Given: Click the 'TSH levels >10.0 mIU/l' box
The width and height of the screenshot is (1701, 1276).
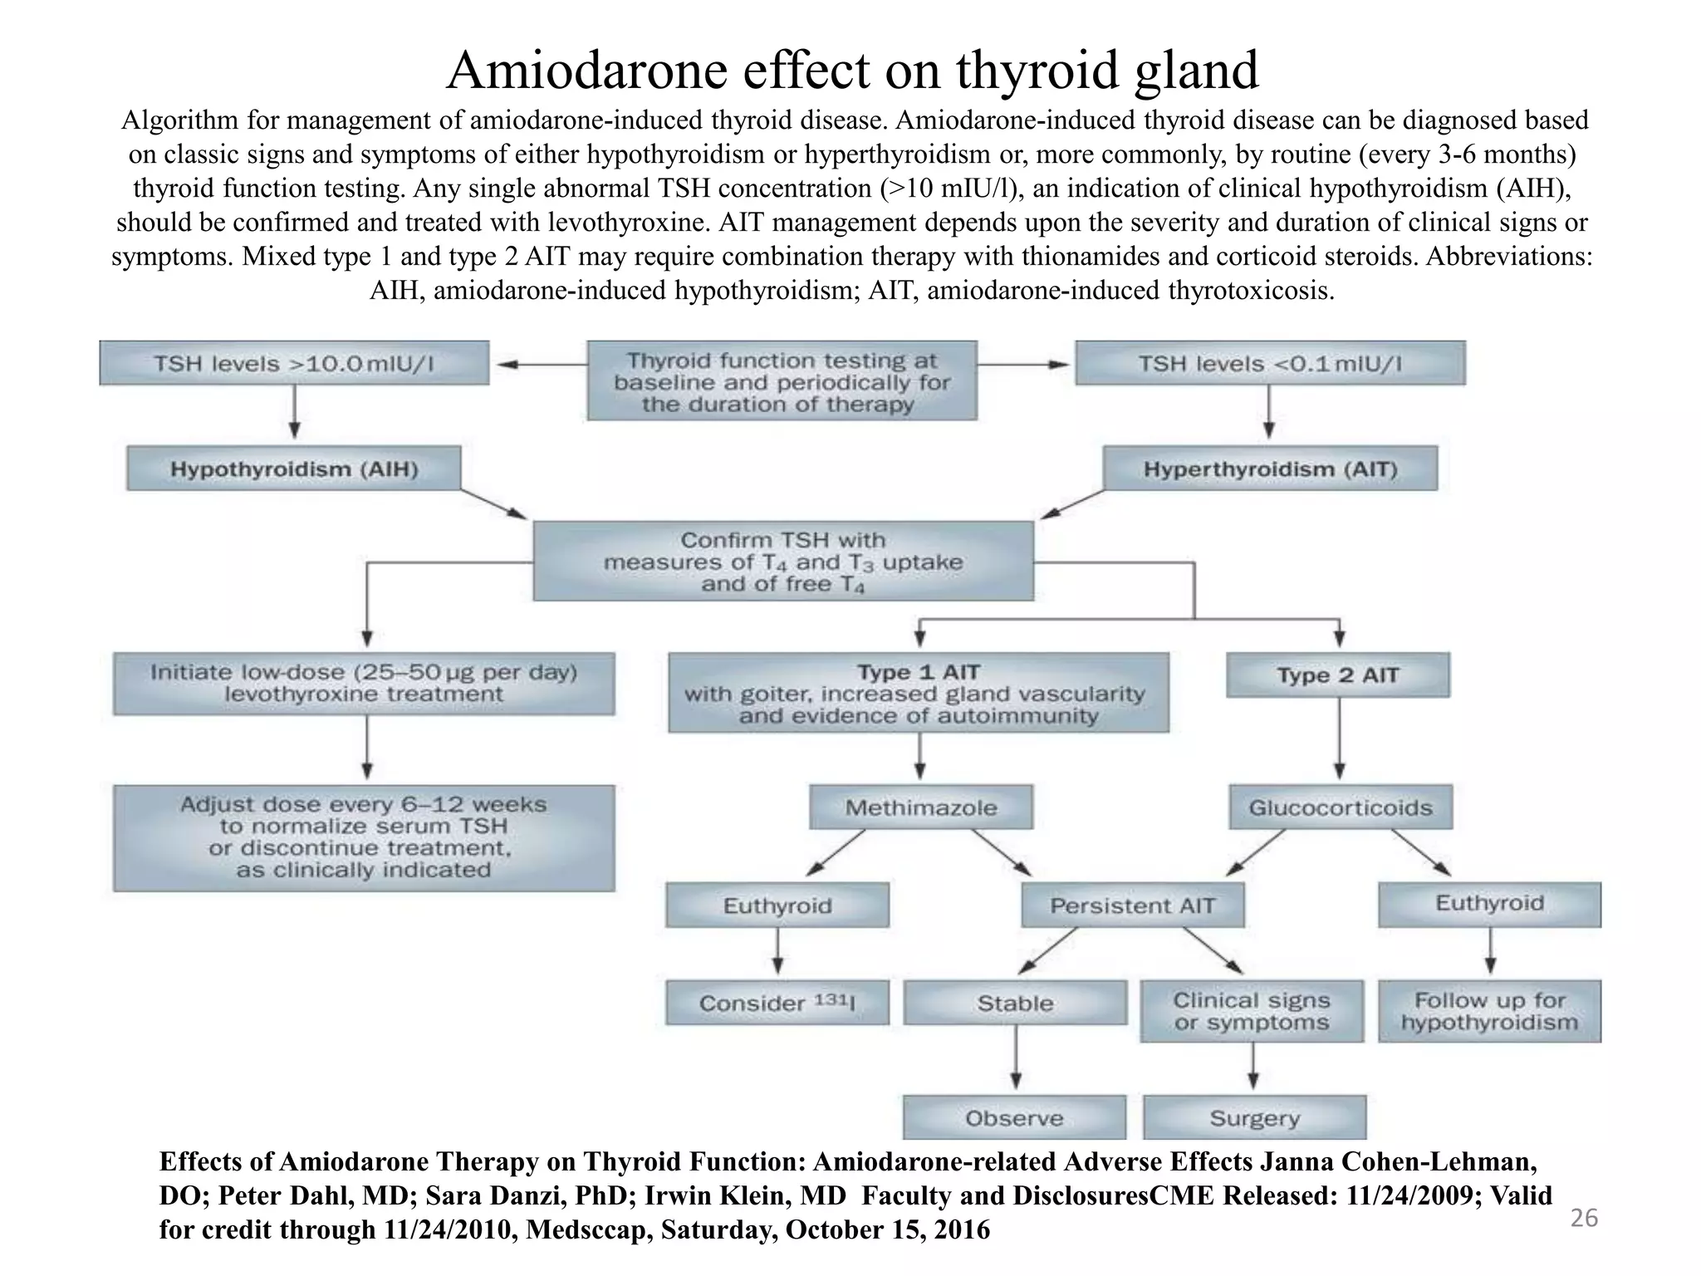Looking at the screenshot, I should [x=294, y=363].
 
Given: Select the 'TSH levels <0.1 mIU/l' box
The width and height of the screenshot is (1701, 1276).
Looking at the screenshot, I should [x=1270, y=363].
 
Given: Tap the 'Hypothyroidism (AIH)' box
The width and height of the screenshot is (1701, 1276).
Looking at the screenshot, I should [x=294, y=469].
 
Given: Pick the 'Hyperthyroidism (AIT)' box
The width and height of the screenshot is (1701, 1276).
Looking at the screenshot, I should [x=1270, y=469].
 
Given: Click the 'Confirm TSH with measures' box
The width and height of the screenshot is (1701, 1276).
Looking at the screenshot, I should [x=783, y=562].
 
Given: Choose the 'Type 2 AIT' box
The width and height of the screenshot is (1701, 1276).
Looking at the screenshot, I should [x=1337, y=675].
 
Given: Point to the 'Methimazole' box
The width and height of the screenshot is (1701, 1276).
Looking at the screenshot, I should [x=921, y=807].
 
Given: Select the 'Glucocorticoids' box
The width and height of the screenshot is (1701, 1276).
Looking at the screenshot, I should [x=1341, y=807].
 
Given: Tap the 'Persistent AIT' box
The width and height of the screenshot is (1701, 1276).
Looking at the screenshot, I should [x=1133, y=905].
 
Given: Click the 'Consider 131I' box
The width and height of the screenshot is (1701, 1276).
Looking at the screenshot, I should [x=777, y=1003].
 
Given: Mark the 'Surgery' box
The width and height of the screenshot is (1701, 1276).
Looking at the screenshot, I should [x=1254, y=1117].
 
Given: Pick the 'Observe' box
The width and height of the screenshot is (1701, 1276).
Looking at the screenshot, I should [x=1014, y=1117].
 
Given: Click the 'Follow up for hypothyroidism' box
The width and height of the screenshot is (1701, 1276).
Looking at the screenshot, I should [x=1489, y=1011].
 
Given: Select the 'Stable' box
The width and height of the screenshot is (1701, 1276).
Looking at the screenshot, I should [x=1015, y=1003].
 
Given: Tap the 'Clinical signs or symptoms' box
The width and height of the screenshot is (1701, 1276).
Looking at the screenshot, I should [x=1252, y=1011].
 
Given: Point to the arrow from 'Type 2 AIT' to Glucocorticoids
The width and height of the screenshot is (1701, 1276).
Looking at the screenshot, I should [x=1338, y=739].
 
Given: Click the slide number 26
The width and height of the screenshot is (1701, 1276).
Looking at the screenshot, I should [x=1584, y=1218].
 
